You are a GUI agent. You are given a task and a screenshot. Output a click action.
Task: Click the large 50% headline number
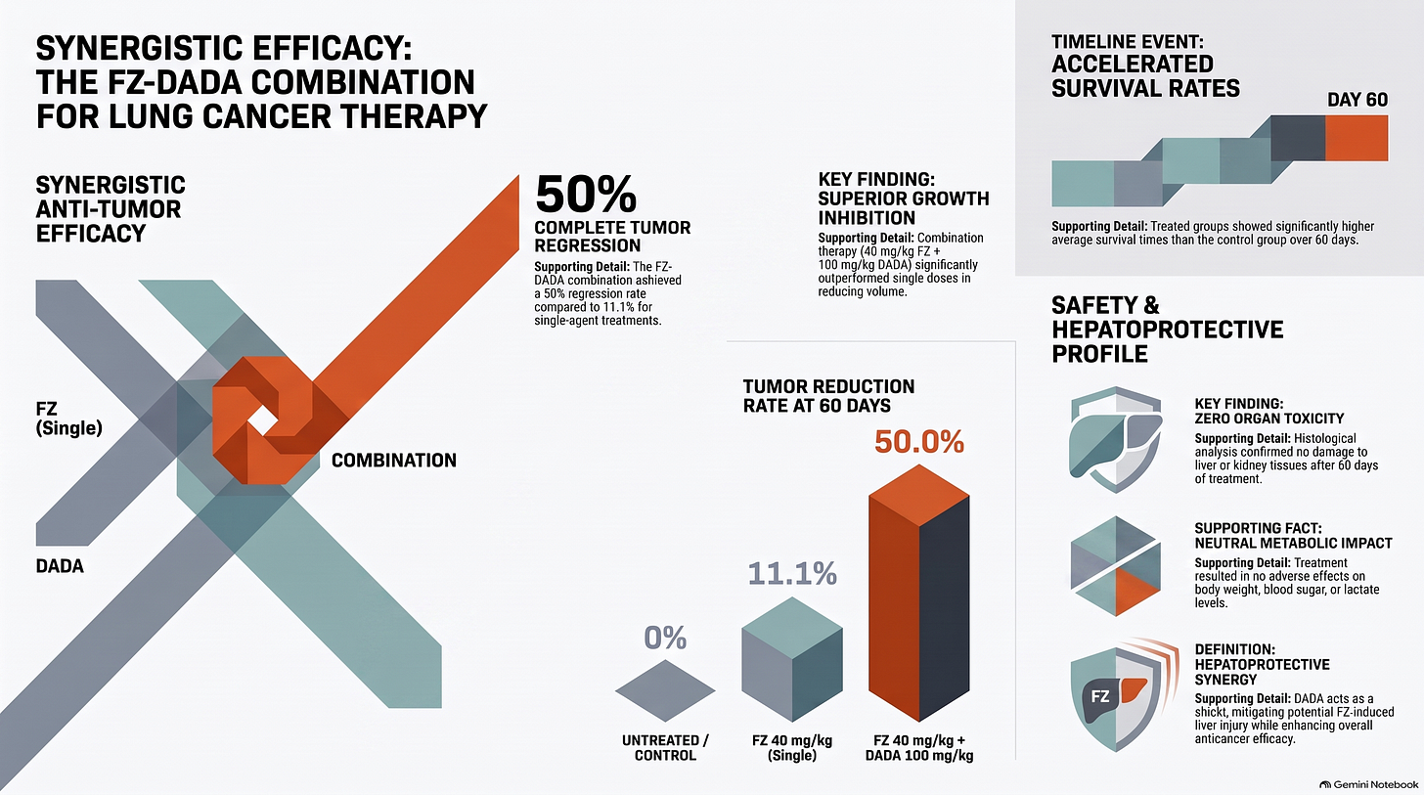586,194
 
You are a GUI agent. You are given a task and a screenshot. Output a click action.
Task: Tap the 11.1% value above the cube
792,573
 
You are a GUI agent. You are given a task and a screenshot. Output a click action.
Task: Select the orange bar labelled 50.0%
919,593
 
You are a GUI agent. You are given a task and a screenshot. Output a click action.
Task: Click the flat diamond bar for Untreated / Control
665,690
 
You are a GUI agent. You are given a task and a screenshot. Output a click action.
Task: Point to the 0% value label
665,638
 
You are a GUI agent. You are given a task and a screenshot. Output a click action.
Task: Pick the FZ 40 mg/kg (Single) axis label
792,748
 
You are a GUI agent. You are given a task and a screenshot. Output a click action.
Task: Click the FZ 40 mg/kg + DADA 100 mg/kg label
919,748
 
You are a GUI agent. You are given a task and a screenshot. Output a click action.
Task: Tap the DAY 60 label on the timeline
1357,100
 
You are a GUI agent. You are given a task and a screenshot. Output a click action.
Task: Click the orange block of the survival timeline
1357,138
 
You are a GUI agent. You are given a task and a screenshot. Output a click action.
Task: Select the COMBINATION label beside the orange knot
393,461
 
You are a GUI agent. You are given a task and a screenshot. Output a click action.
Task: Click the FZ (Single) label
68,418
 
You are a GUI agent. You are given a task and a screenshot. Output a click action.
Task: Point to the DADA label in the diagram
60,565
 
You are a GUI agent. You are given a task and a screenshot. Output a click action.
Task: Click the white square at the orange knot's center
262,420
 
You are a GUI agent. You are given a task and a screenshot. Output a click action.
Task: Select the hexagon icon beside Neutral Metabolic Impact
1116,565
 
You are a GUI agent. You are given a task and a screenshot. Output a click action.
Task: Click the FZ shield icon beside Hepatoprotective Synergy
1119,694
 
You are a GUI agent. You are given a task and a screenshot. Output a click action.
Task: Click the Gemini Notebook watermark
1368,785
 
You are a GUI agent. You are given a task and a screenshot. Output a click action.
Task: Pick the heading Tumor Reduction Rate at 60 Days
829,396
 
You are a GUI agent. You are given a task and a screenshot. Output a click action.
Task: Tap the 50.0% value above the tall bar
919,442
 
